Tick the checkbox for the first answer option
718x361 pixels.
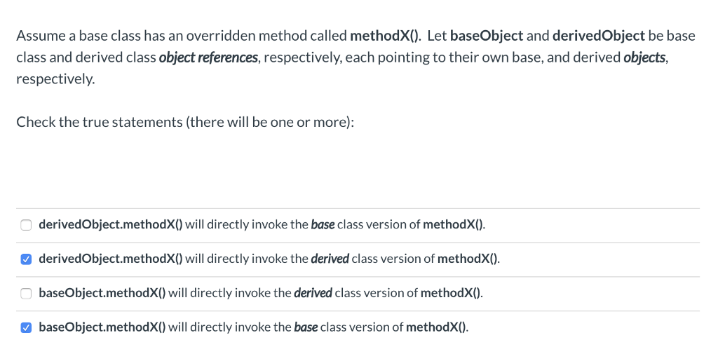click(26, 225)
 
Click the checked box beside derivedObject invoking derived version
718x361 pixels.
click(26, 259)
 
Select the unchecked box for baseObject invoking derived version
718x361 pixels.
click(26, 293)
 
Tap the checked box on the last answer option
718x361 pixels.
click(26, 327)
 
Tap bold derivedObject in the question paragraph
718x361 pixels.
click(598, 35)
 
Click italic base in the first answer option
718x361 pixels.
click(322, 225)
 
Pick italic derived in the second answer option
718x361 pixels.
click(330, 259)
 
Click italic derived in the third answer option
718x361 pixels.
click(313, 293)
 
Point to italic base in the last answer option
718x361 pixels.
click(305, 327)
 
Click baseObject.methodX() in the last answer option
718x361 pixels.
click(102, 327)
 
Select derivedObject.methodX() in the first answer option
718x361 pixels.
click(110, 225)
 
